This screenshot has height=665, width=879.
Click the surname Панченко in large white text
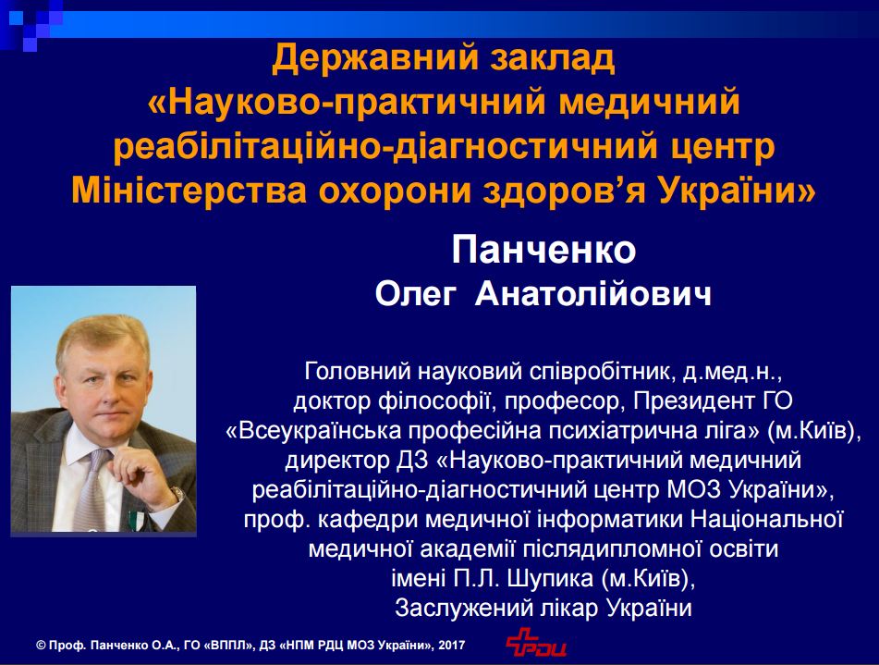[543, 251]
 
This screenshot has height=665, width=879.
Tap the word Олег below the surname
[414, 295]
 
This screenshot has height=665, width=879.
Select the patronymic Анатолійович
[593, 295]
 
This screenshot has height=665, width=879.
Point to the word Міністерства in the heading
[189, 191]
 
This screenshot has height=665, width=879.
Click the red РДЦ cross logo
[535, 642]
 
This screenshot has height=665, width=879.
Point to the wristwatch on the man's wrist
[177, 495]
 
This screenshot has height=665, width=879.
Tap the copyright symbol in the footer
[41, 646]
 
